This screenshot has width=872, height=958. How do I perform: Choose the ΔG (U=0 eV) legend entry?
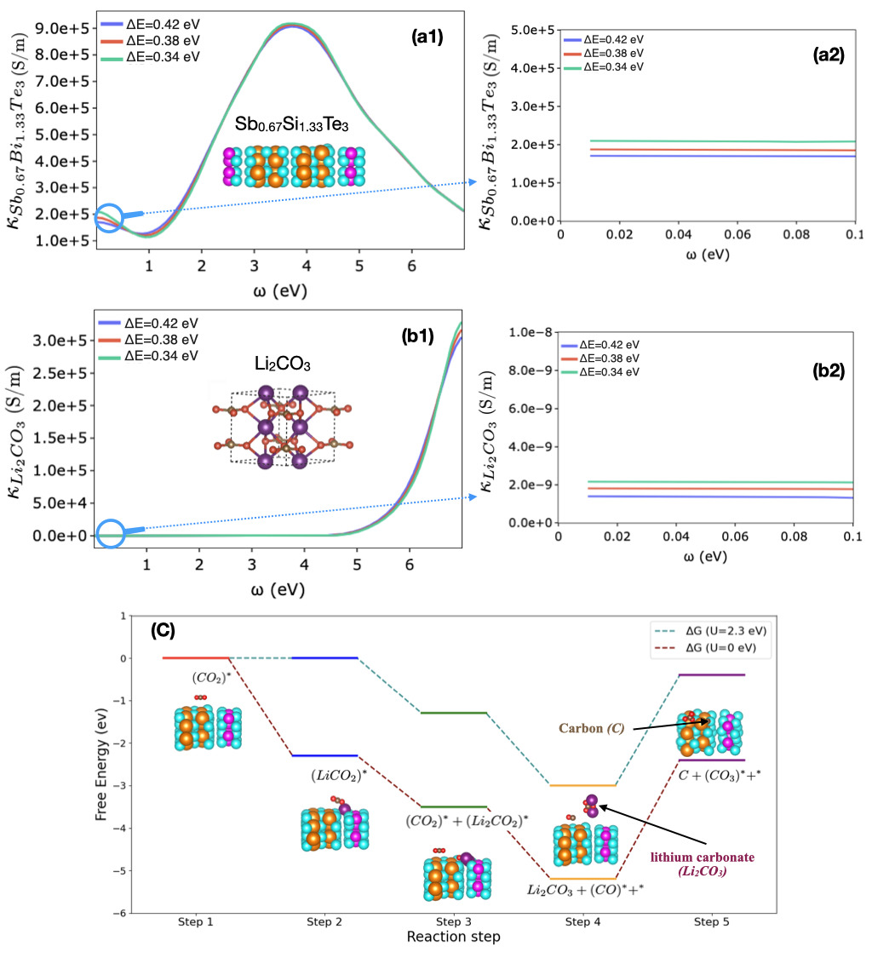711,650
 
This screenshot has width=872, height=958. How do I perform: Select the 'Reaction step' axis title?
455,937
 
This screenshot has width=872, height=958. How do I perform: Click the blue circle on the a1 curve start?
110,216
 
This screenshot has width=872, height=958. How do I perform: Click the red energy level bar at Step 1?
197,657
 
